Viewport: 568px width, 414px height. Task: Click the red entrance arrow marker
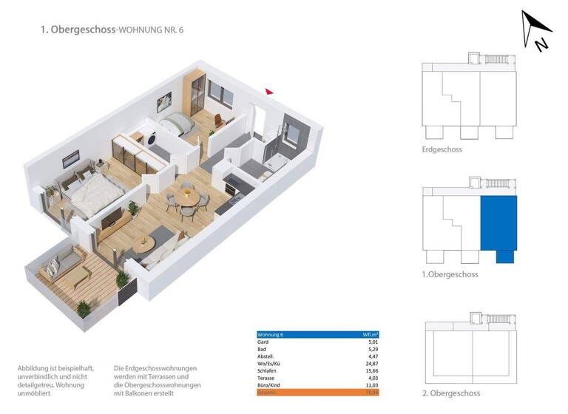tap(269, 92)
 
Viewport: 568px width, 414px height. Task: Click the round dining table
tap(187, 198)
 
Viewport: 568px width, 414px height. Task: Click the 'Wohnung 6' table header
tap(271, 334)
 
